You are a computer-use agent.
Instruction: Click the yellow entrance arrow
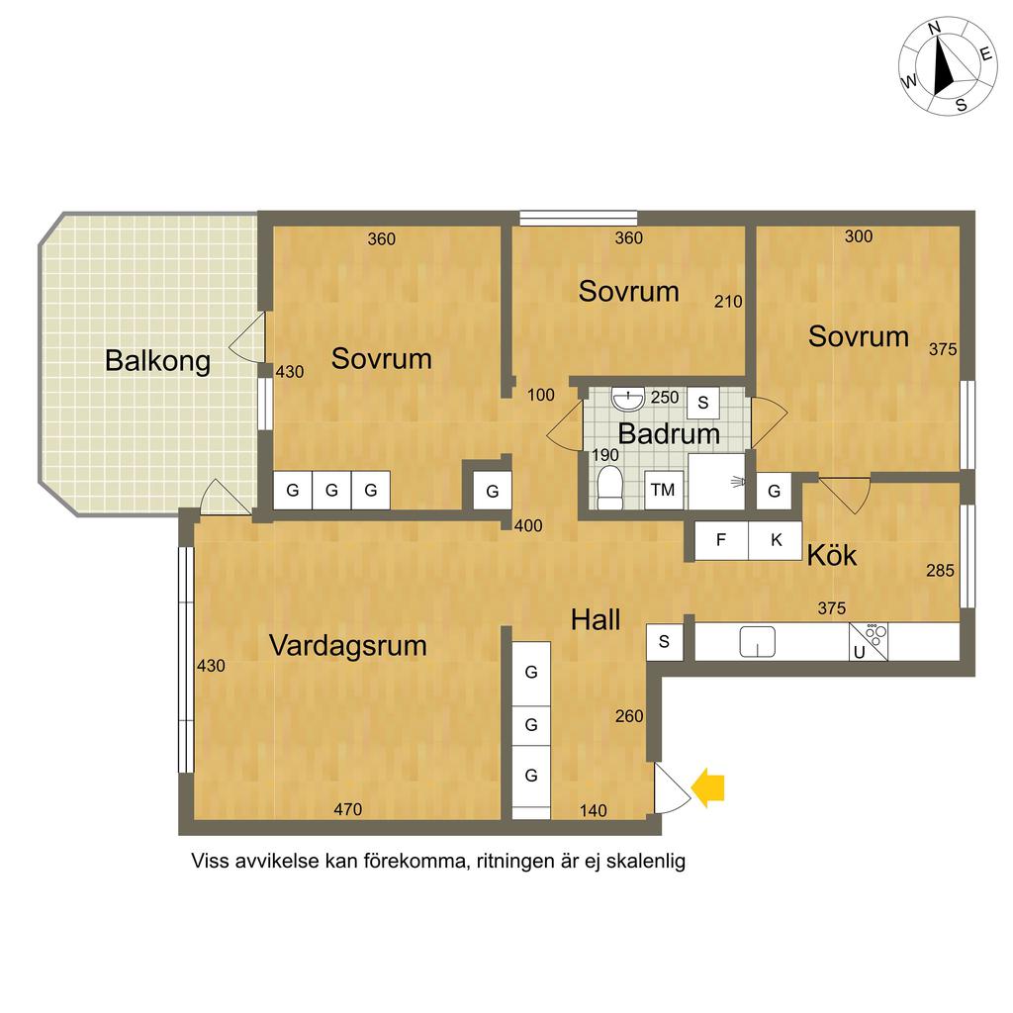pos(708,787)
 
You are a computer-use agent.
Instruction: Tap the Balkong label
pos(157,361)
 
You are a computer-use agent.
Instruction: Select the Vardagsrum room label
pos(347,645)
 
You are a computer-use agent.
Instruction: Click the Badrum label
pos(669,433)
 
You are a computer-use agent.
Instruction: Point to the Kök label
pos(832,555)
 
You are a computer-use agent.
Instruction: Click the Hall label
pos(596,620)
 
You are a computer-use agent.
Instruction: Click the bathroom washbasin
pos(628,400)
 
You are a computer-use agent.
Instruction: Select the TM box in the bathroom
pos(664,491)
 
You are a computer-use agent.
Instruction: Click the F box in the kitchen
pos(721,540)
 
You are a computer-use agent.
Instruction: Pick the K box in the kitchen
pos(776,540)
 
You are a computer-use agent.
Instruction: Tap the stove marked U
pos(869,641)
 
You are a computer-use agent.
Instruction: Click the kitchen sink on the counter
pos(757,641)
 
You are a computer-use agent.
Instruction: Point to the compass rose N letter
pos(934,29)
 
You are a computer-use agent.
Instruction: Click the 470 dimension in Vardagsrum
pos(347,809)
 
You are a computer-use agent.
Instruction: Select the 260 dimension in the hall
pos(629,716)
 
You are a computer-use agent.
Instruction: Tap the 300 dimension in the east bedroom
pos(859,236)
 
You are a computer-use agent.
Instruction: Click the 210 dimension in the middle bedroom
pos(728,301)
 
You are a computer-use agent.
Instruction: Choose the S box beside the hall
pos(664,642)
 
